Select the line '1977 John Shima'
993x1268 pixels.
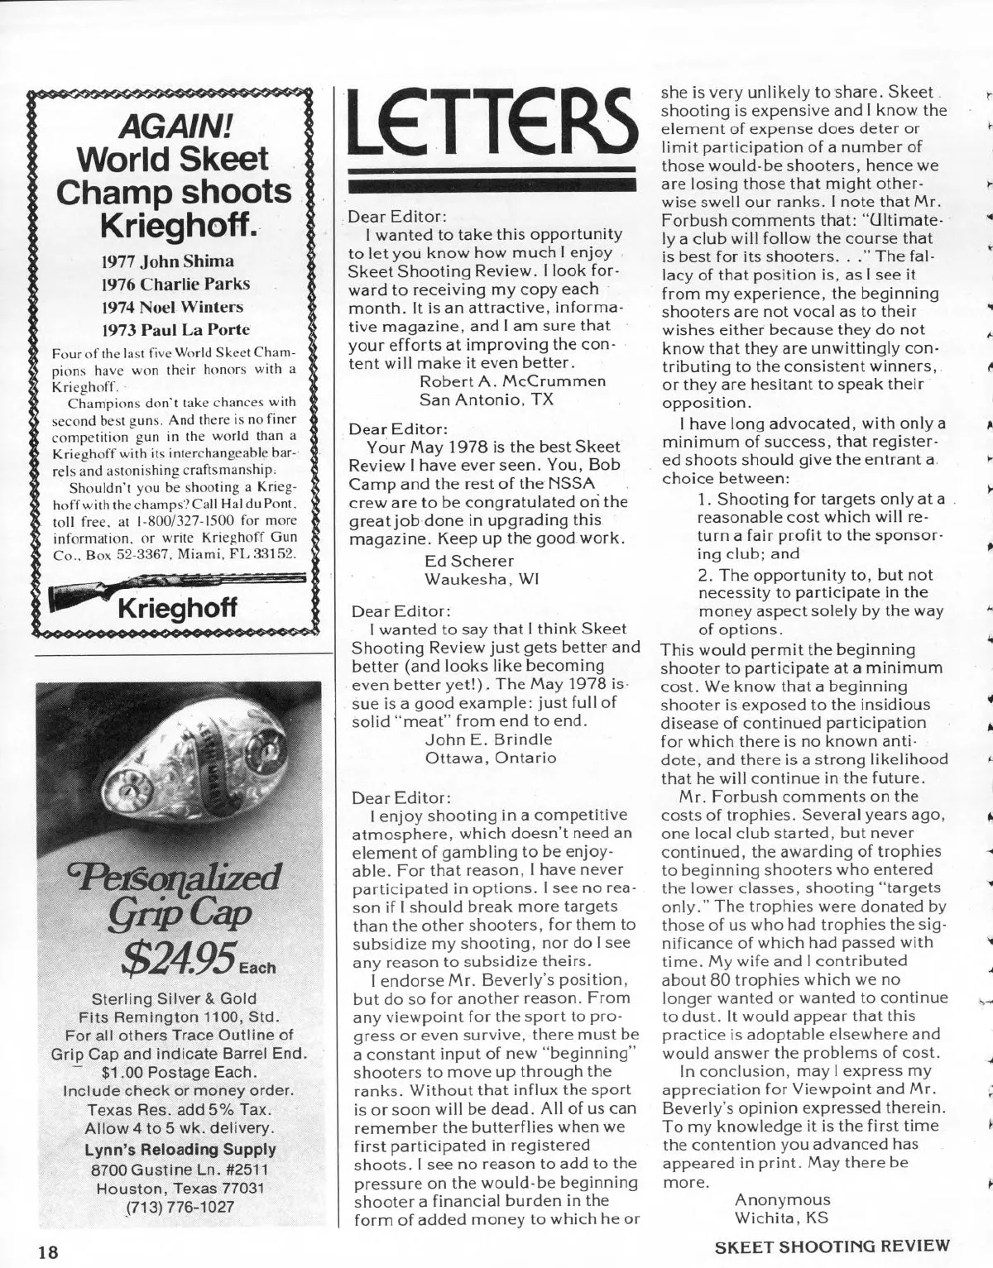click(167, 261)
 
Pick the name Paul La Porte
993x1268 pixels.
click(197, 329)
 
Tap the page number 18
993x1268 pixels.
click(45, 1251)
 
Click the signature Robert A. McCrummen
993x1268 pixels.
click(513, 381)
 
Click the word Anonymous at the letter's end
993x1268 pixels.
click(782, 1199)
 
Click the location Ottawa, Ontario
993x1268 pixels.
click(491, 757)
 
